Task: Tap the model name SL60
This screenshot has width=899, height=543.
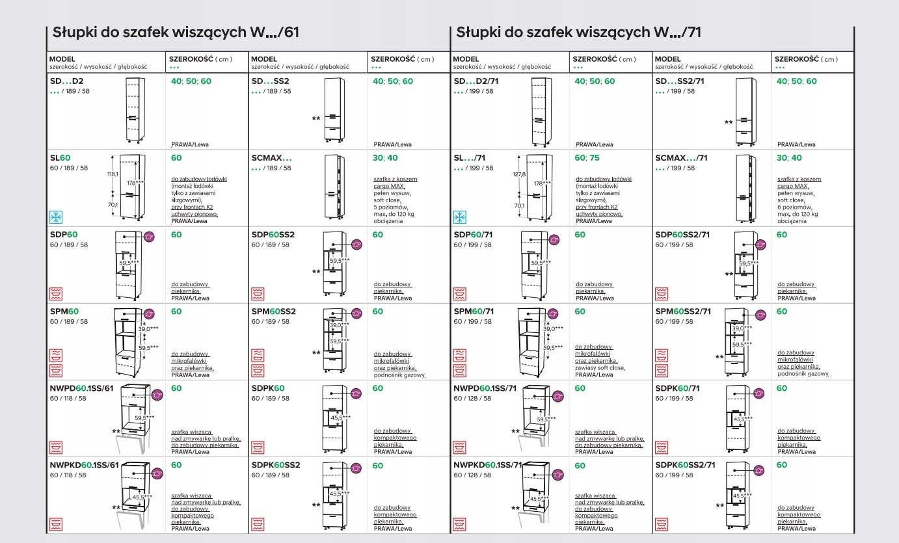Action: pyautogui.click(x=60, y=158)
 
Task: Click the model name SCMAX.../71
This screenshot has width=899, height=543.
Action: pyautogui.click(x=681, y=158)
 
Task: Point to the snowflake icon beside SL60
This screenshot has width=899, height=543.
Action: pyautogui.click(x=57, y=217)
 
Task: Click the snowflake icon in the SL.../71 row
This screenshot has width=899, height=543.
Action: pyautogui.click(x=461, y=217)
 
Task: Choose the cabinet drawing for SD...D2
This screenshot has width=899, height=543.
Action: pyautogui.click(x=133, y=110)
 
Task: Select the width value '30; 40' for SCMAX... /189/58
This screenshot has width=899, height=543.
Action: pyautogui.click(x=385, y=158)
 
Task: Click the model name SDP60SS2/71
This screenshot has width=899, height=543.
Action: pyautogui.click(x=682, y=235)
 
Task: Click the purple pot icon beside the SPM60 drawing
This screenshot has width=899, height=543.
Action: pyautogui.click(x=148, y=314)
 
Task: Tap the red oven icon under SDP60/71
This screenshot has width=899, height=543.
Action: pyautogui.click(x=461, y=294)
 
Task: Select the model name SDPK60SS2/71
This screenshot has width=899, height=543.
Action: pyautogui.click(x=685, y=465)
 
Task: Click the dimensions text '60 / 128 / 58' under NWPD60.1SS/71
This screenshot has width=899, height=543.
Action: pyautogui.click(x=473, y=398)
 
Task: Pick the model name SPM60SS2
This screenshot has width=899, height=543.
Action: pyautogui.click(x=273, y=311)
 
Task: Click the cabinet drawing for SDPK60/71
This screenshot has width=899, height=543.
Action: pyautogui.click(x=738, y=419)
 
